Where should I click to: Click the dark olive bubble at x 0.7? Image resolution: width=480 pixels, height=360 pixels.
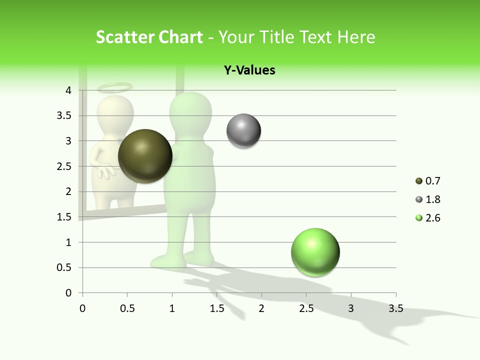click(145, 156)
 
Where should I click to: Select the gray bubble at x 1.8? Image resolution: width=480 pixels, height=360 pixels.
click(243, 131)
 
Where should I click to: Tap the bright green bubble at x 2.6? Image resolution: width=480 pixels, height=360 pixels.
click(315, 252)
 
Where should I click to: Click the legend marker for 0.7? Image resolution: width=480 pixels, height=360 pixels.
click(418, 181)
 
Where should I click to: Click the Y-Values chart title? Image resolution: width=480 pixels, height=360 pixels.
click(249, 70)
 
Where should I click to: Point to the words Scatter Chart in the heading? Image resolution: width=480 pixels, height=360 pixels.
click(149, 37)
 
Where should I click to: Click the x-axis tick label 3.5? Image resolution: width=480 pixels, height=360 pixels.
click(395, 308)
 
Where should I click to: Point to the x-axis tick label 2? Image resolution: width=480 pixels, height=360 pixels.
click(261, 308)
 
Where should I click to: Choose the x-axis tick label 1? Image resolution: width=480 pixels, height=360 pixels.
click(172, 308)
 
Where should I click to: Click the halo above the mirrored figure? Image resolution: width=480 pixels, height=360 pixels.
click(115, 88)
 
